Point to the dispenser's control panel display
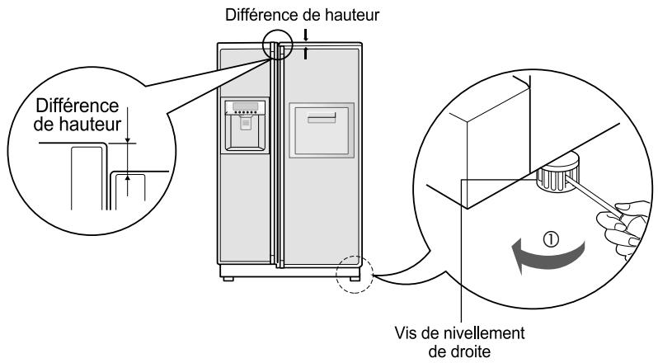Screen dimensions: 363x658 pyautogui.click(x=246, y=107)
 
